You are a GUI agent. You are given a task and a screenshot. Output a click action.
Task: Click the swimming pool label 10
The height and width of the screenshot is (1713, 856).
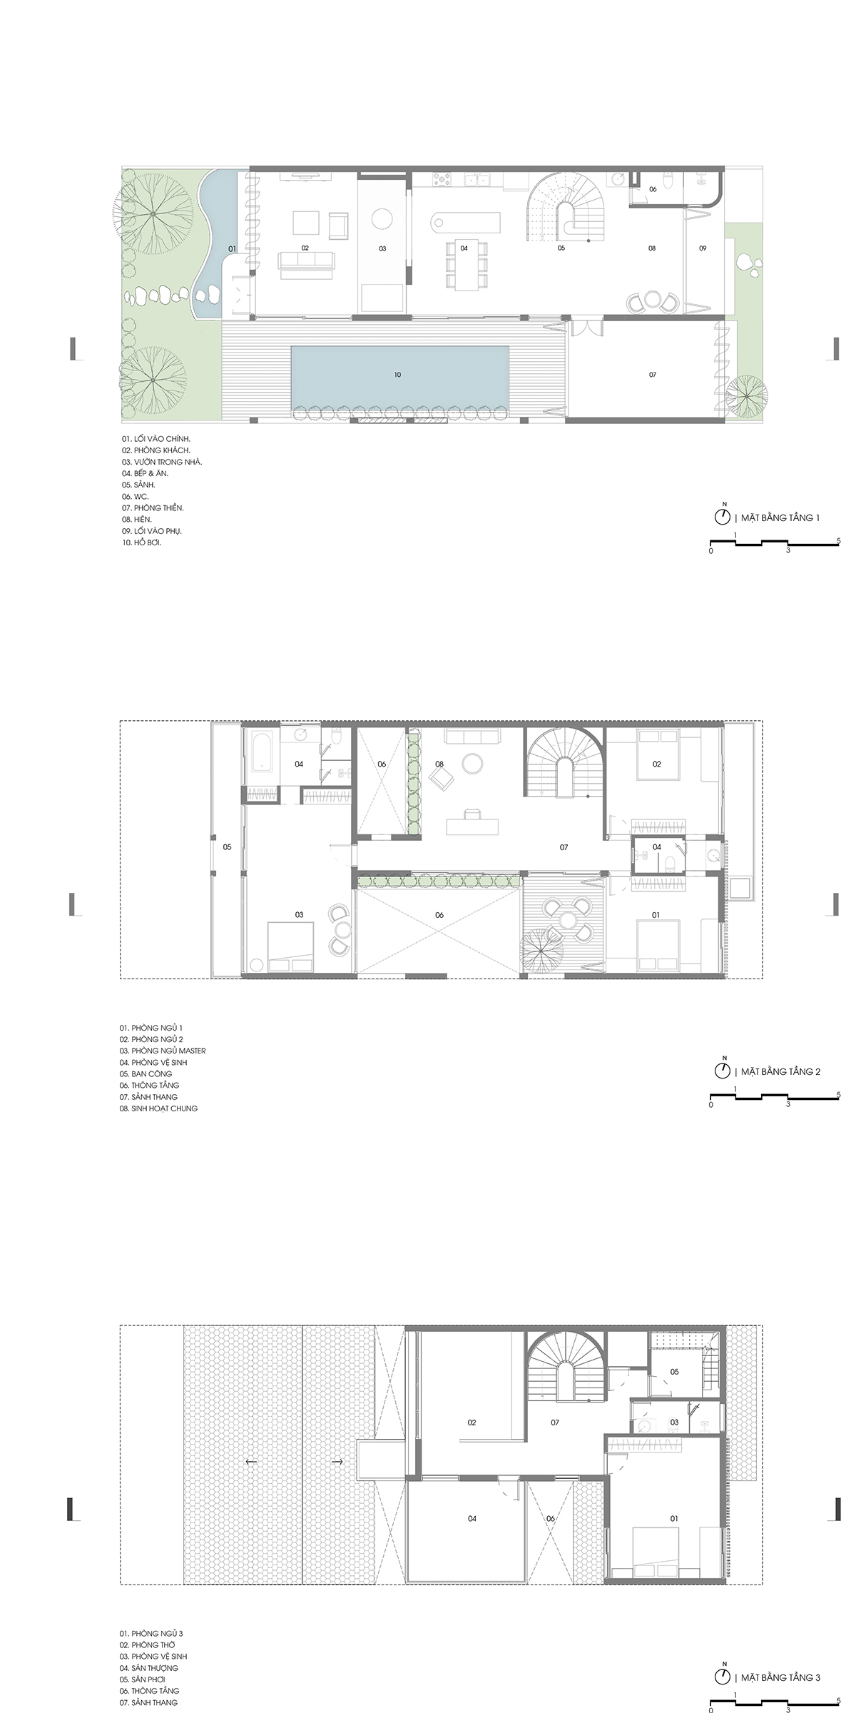click(398, 375)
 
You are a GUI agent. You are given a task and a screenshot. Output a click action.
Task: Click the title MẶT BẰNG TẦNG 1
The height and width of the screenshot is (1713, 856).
click(780, 517)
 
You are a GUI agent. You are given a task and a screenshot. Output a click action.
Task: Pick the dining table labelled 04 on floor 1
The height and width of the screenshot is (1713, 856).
click(465, 266)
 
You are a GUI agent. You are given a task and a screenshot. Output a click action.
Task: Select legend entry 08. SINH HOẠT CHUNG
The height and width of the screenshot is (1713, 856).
click(158, 1108)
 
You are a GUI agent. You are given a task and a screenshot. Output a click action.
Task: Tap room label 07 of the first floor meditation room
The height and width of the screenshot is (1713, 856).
click(652, 375)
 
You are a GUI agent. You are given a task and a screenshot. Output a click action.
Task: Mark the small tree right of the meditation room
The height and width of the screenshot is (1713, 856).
click(748, 395)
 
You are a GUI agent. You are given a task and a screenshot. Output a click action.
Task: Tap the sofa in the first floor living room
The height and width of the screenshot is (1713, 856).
click(307, 263)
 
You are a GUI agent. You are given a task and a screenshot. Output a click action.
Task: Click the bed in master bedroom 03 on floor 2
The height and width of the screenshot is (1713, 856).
click(290, 947)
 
